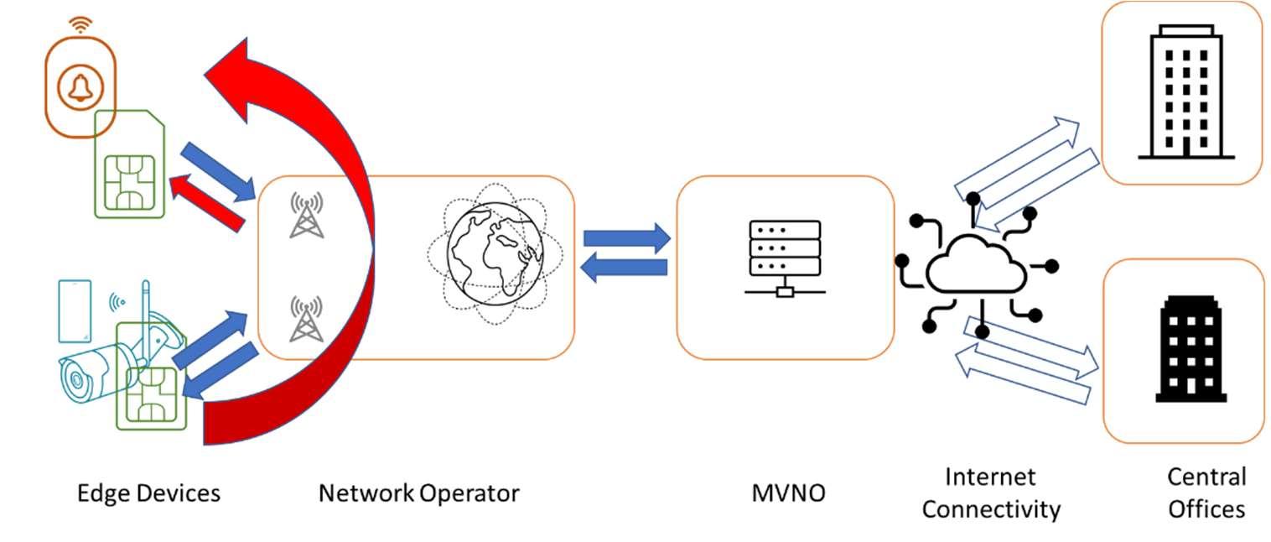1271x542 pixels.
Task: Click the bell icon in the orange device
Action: pos(80,86)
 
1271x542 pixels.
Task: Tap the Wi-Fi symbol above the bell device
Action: pos(80,25)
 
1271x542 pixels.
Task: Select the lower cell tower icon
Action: pos(306,319)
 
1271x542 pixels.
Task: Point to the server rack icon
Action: pos(785,257)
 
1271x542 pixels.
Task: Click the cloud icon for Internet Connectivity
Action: pos(976,266)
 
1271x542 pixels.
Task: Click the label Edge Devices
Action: pos(148,492)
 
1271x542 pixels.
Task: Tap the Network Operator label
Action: pos(418,492)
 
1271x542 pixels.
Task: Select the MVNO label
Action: pos(787,492)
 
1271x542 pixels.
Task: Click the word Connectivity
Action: pos(991,508)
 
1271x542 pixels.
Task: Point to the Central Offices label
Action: pos(1206,492)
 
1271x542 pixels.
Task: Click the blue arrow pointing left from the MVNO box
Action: pos(625,268)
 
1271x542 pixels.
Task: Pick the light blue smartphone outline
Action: pos(75,311)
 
